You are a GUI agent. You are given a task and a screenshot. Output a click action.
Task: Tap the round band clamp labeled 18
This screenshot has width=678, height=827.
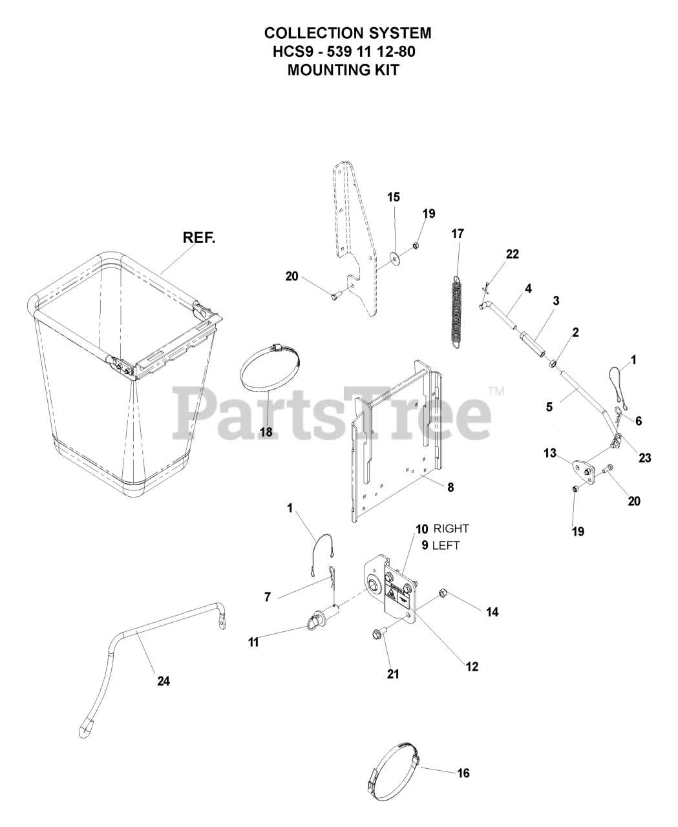pyautogui.click(x=271, y=369)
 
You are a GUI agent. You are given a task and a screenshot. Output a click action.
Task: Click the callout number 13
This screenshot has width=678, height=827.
pyautogui.click(x=549, y=454)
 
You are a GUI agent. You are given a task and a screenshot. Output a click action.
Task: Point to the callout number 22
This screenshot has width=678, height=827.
pyautogui.click(x=512, y=255)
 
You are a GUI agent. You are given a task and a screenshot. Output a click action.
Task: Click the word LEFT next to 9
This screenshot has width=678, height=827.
pyautogui.click(x=446, y=545)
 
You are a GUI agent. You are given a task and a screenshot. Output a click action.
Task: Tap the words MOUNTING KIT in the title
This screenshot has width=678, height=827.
pyautogui.click(x=343, y=69)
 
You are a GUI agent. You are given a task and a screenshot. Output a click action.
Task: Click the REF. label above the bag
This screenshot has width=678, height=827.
pyautogui.click(x=200, y=237)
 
